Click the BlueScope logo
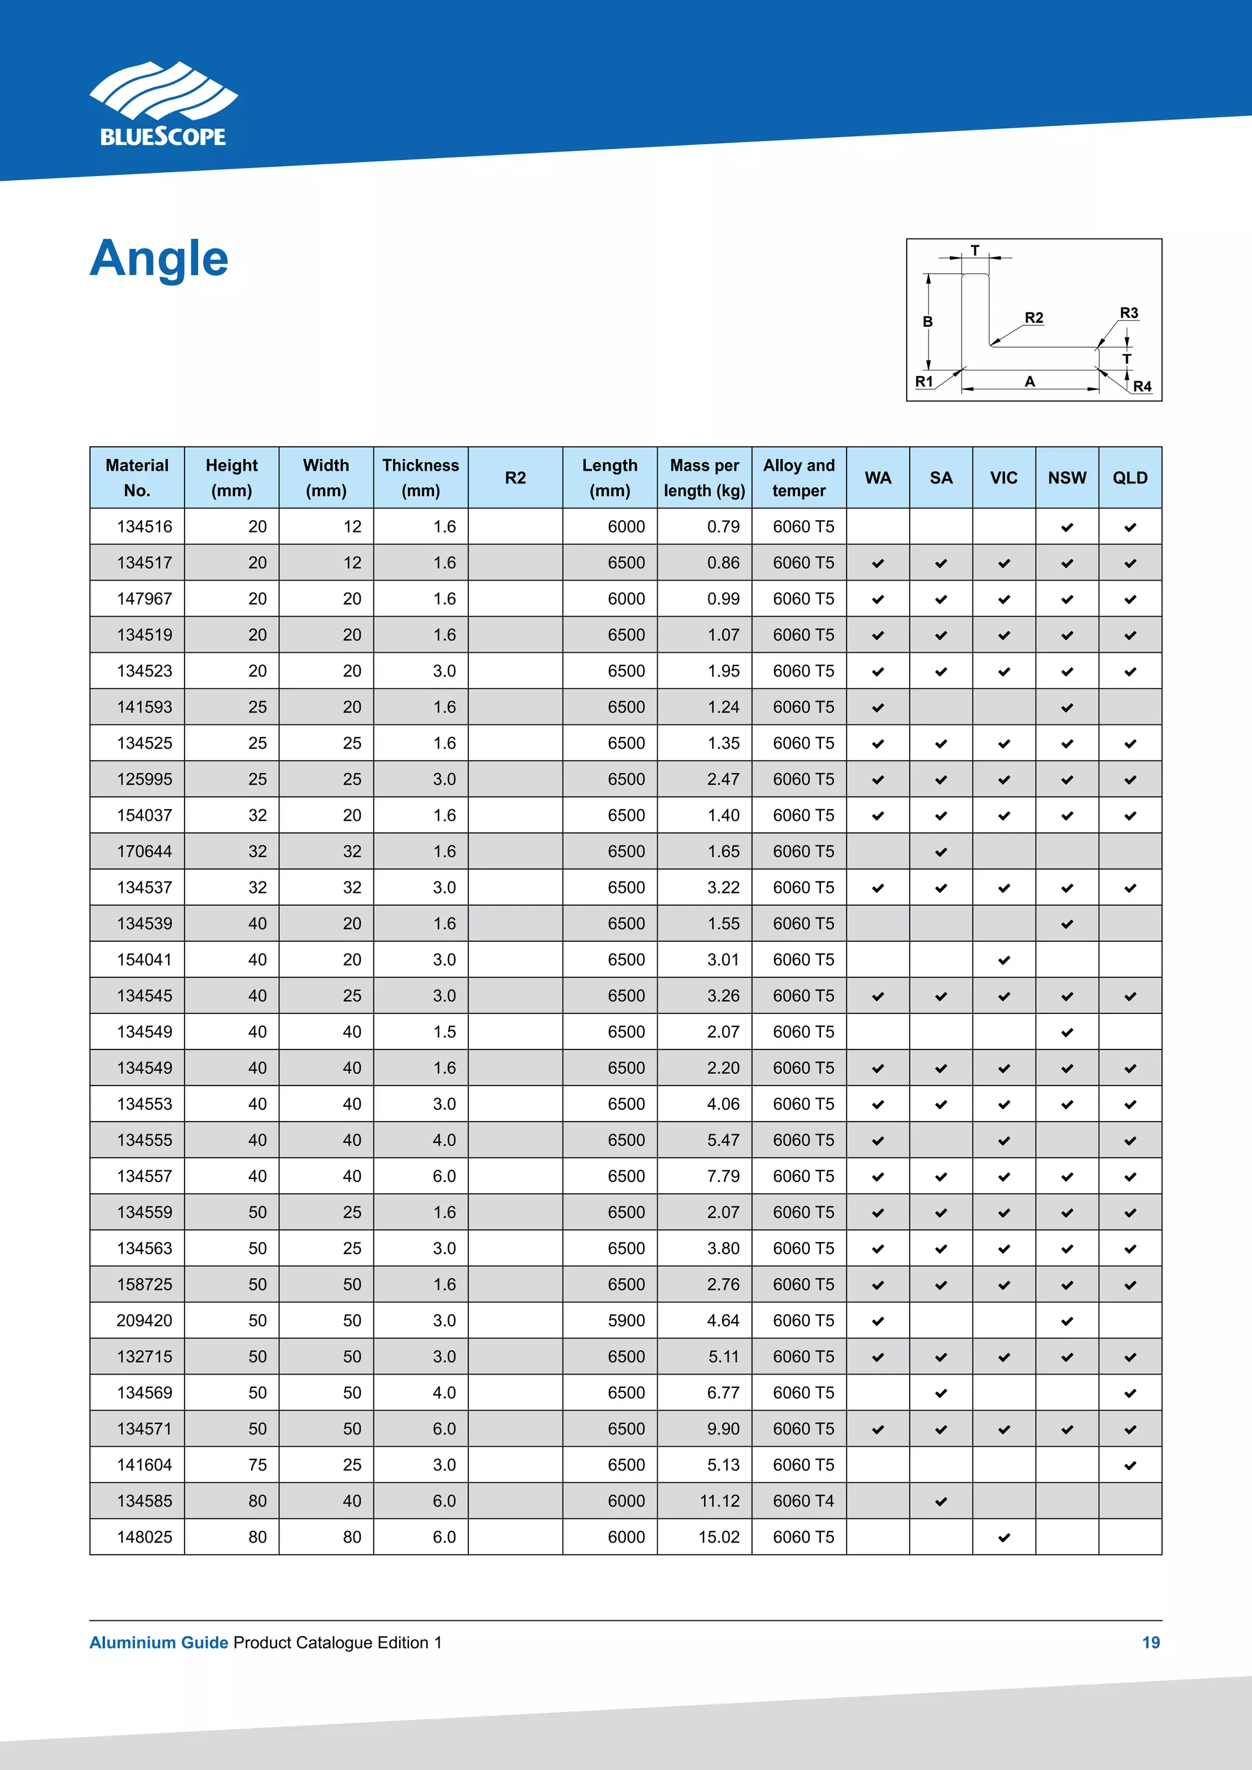point(163,105)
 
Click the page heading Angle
point(159,259)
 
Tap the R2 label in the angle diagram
point(1033,318)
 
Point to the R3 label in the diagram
point(1128,313)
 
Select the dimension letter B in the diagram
point(927,321)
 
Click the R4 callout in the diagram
point(1142,386)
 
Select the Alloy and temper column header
point(798,477)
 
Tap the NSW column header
point(1066,478)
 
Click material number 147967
point(144,599)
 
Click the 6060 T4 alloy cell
point(803,1501)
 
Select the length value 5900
point(626,1321)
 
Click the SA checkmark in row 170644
point(941,852)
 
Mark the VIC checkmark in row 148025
point(1004,1538)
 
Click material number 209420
point(144,1321)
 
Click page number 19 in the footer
point(1151,1643)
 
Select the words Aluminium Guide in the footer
point(159,1643)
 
